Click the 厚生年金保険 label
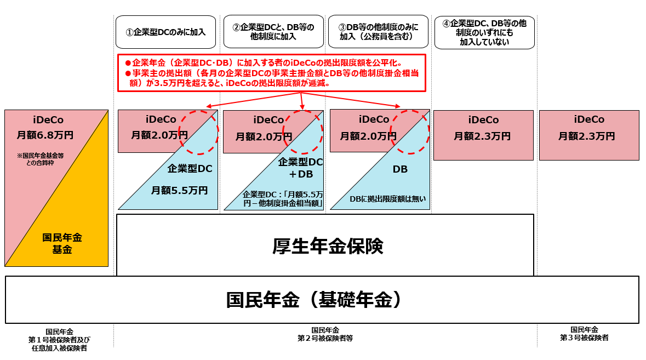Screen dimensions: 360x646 (x=327, y=246)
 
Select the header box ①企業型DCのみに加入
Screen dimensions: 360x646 (x=165, y=32)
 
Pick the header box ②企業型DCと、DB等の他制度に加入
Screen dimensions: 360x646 (x=273, y=32)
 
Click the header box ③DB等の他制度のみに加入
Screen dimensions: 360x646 (x=378, y=32)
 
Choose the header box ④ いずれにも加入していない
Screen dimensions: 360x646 (x=484, y=32)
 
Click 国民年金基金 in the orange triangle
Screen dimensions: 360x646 (x=62, y=243)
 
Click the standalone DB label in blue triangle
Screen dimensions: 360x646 (x=400, y=169)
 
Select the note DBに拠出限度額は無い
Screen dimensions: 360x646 (x=387, y=199)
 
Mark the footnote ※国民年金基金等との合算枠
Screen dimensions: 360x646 (x=44, y=159)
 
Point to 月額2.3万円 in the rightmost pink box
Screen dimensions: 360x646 (x=589, y=136)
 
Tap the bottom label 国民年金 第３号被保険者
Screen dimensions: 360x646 (x=584, y=334)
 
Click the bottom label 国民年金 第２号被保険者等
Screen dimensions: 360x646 (x=325, y=334)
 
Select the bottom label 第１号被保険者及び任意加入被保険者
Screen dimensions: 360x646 (x=59, y=340)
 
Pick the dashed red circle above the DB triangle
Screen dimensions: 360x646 (x=409, y=132)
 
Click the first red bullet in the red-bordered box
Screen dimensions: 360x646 (x=128, y=62)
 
